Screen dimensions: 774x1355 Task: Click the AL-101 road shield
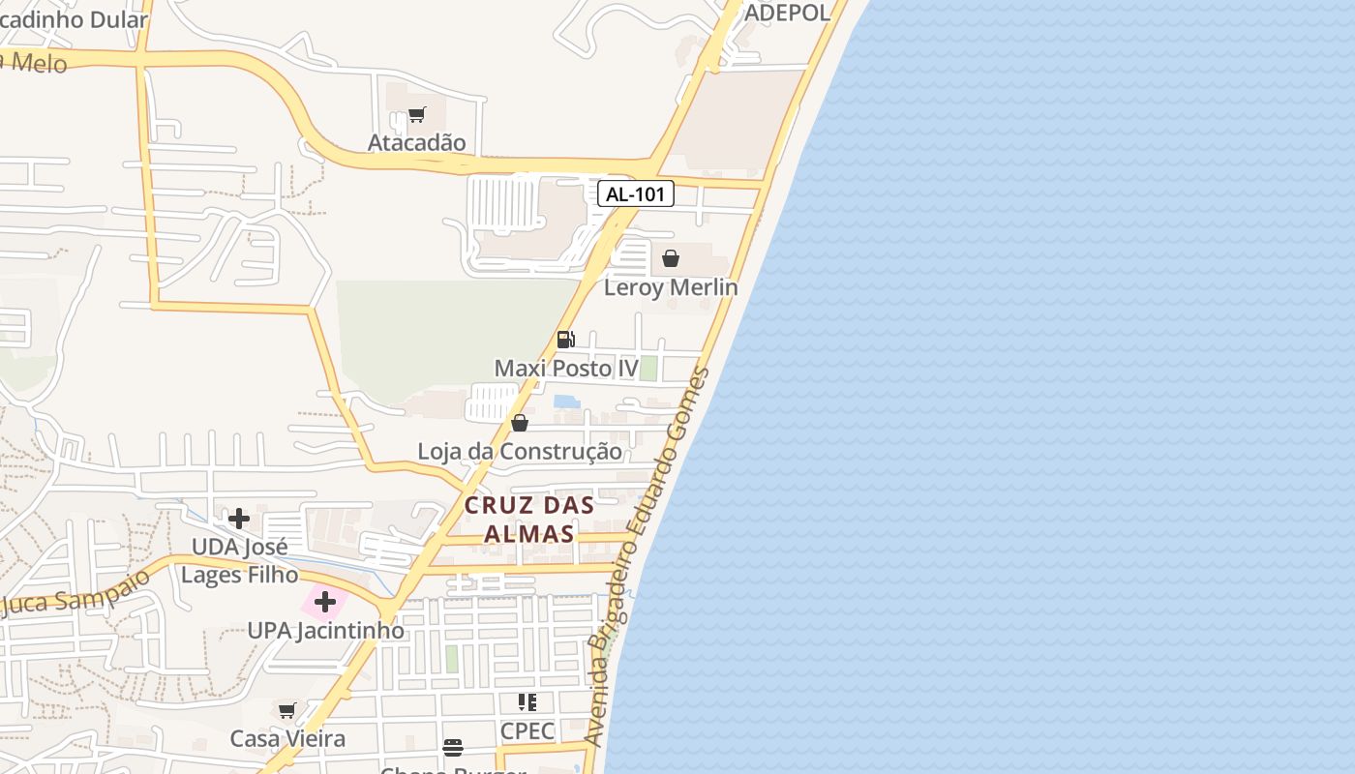tap(635, 194)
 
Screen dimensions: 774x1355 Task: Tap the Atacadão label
tap(416, 143)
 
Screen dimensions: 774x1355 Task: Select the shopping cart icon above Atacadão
tap(417, 115)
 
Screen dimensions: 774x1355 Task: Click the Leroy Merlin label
tap(671, 287)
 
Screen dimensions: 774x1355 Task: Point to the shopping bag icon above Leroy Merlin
tap(671, 258)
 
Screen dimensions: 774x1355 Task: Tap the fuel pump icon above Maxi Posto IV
tap(566, 340)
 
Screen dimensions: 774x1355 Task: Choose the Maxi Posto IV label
tap(566, 369)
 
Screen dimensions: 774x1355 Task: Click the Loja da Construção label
tap(520, 452)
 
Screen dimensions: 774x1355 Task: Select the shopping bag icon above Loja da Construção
tap(520, 423)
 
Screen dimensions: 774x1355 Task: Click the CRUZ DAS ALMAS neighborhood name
tap(528, 520)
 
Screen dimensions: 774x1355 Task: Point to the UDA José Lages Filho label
tap(239, 561)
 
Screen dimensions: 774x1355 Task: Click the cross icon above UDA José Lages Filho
tap(239, 519)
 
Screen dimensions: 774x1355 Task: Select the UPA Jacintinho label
tap(325, 631)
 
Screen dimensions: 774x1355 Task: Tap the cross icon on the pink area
tap(325, 603)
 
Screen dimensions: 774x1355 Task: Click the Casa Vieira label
tap(287, 739)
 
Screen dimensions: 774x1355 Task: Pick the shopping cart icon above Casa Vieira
tap(287, 711)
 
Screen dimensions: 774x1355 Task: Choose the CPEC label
tap(527, 731)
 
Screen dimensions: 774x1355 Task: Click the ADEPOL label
tap(787, 13)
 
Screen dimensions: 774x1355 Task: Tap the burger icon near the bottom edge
tap(453, 747)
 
